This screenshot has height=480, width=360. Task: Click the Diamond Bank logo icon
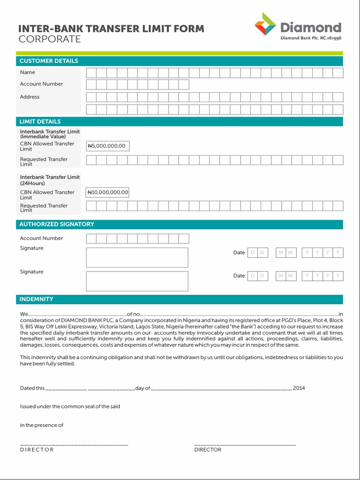pyautogui.click(x=266, y=24)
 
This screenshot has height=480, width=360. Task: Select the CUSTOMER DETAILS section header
pyautogui.click(x=49, y=61)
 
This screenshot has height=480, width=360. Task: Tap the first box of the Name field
pyautogui.click(x=91, y=73)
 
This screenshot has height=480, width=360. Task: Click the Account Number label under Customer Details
pyautogui.click(x=41, y=84)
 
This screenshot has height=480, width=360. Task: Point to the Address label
pyautogui.click(x=30, y=97)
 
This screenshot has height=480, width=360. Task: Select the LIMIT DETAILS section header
pyautogui.click(x=40, y=121)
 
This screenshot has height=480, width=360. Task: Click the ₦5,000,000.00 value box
pyautogui.click(x=107, y=146)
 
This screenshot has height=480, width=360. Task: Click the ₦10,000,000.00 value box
pyautogui.click(x=108, y=193)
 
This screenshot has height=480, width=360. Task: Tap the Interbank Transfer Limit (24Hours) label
pyautogui.click(x=50, y=180)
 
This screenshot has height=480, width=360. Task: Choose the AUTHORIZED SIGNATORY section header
pyautogui.click(x=56, y=224)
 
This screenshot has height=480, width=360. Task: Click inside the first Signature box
pyautogui.click(x=137, y=258)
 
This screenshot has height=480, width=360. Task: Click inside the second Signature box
pyautogui.click(x=137, y=281)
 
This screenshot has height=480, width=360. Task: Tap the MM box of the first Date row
pyautogui.click(x=285, y=253)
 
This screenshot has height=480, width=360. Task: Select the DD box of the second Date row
pyautogui.click(x=257, y=276)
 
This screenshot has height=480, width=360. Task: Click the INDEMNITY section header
pyautogui.click(x=36, y=299)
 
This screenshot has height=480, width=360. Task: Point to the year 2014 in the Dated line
pyautogui.click(x=299, y=388)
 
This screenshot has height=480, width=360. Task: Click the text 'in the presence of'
pyautogui.click(x=41, y=425)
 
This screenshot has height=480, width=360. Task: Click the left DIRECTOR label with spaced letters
pyautogui.click(x=37, y=450)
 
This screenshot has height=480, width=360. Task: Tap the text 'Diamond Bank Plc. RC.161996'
pyautogui.click(x=310, y=38)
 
